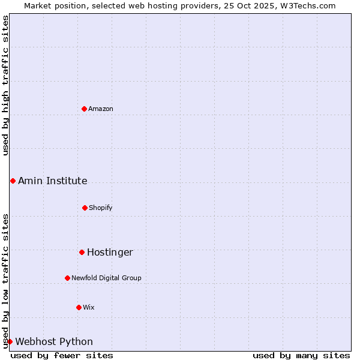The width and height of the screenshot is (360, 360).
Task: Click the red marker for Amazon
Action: pyautogui.click(x=85, y=109)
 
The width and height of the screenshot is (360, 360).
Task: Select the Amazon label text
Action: pyautogui.click(x=101, y=109)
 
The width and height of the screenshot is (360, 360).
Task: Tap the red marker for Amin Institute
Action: pyautogui.click(x=13, y=181)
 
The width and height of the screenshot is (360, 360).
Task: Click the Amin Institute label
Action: pyautogui.click(x=53, y=181)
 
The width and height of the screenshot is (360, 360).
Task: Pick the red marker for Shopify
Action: pyautogui.click(x=85, y=208)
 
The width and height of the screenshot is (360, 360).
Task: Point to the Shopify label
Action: pyautogui.click(x=101, y=208)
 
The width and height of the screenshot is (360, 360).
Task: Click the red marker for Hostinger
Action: pyautogui.click(x=82, y=252)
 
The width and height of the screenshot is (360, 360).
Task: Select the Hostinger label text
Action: pyautogui.click(x=110, y=252)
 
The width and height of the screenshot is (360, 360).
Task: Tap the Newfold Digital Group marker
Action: pyautogui.click(x=67, y=278)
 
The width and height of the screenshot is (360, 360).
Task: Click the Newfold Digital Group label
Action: pyautogui.click(x=107, y=278)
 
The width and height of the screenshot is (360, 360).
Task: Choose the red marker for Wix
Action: pyautogui.click(x=79, y=307)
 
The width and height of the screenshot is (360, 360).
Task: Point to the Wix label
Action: pyautogui.click(x=89, y=307)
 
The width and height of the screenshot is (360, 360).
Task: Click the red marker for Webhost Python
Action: pyautogui.click(x=10, y=341)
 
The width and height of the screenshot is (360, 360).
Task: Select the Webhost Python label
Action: pyautogui.click(x=54, y=341)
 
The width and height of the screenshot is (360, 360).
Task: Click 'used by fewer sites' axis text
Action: pyautogui.click(x=62, y=355)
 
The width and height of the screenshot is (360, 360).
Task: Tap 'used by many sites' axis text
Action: pyautogui.click(x=301, y=355)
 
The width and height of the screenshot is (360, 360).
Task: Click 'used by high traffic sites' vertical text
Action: pyautogui.click(x=5, y=85)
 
